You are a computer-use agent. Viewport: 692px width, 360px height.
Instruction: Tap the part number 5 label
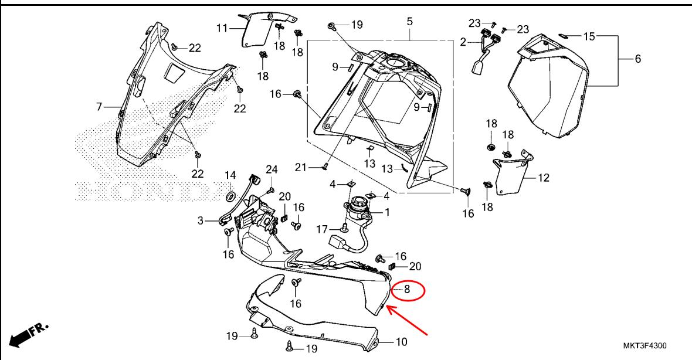(x=409, y=22)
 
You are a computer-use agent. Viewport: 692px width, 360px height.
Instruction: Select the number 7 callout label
(x=99, y=107)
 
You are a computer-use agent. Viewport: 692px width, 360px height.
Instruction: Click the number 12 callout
(x=543, y=177)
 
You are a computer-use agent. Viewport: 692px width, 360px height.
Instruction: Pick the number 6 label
(x=637, y=59)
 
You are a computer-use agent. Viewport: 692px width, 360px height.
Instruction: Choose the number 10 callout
(x=401, y=342)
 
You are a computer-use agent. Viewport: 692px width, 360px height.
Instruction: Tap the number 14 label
(x=230, y=175)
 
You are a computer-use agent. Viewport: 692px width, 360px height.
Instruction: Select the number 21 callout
(x=301, y=168)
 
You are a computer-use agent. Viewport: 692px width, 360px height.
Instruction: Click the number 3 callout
(x=200, y=221)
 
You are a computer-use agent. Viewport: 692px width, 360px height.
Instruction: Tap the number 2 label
(x=463, y=42)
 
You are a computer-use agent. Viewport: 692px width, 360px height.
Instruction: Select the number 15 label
(x=589, y=36)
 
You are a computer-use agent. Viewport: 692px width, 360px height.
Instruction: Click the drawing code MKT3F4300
(x=644, y=346)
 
